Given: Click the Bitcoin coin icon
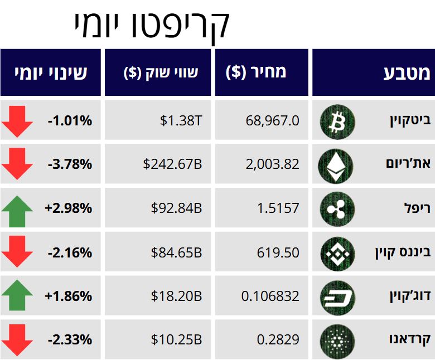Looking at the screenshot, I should [x=337, y=121].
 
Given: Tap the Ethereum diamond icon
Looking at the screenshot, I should [x=336, y=164].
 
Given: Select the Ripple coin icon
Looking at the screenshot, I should [x=337, y=208].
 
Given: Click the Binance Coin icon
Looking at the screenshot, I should [x=337, y=252].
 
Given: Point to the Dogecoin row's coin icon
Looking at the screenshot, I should [x=337, y=296].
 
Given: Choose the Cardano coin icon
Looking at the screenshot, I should [x=337, y=339].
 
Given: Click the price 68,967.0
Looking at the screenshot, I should [x=272, y=120].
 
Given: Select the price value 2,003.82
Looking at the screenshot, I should [x=272, y=164].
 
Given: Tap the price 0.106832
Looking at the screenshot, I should [x=270, y=296].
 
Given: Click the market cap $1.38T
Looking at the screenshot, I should [x=181, y=120].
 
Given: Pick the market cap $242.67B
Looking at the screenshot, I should [x=172, y=164].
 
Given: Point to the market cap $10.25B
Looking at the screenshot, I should [x=176, y=339].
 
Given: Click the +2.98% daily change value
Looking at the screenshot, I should [x=69, y=208].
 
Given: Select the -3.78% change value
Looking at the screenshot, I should [x=70, y=164].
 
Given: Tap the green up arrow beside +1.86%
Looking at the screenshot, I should [x=17, y=295].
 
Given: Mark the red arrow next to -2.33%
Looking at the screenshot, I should [x=17, y=340].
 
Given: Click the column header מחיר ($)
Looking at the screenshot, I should [x=256, y=72].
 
